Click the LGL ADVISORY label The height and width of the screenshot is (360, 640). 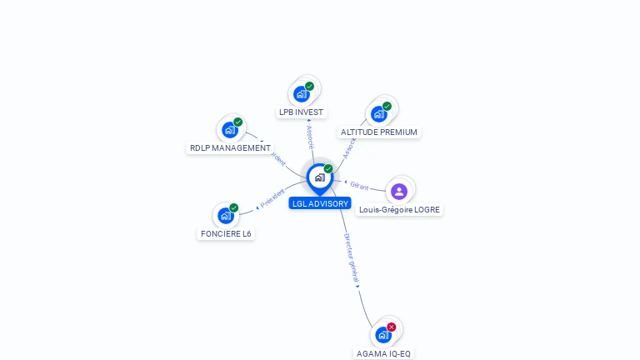click(320, 203)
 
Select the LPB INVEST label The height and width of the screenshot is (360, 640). click(302, 112)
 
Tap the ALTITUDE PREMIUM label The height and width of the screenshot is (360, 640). click(379, 132)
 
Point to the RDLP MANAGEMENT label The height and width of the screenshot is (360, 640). click(230, 148)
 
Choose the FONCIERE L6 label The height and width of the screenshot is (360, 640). click(226, 233)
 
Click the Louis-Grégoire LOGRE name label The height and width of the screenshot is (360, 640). click(399, 210)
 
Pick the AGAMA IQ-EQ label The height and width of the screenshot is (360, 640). click(383, 353)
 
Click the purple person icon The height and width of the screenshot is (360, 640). click(399, 192)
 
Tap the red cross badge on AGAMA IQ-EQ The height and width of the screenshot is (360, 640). click(391, 327)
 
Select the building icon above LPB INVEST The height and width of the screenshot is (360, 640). click(301, 93)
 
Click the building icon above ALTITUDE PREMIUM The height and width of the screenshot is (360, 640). click(378, 113)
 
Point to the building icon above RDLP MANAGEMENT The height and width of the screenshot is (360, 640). click(229, 130)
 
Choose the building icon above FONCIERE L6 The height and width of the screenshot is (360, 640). click(225, 215)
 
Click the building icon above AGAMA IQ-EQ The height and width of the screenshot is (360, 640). click(382, 335)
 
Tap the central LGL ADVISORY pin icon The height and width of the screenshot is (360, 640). click(319, 177)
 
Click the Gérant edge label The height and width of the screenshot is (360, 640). click(359, 185)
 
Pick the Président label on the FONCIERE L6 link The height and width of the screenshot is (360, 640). click(272, 198)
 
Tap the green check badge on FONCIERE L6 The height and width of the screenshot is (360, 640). click(234, 207)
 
